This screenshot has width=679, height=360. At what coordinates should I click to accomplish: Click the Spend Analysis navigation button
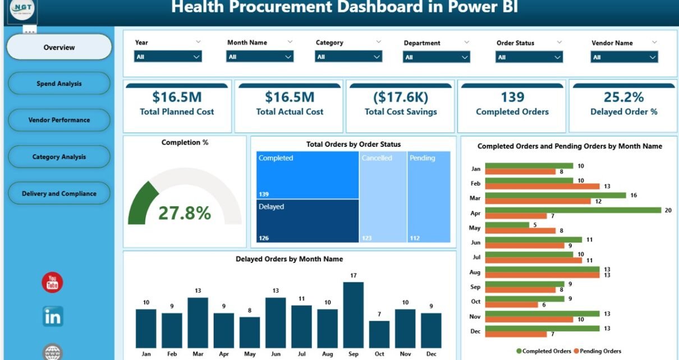pos(59,84)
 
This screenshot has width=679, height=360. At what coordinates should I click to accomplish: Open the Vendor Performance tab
pos(59,120)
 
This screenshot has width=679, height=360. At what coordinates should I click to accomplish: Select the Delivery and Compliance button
pos(59,193)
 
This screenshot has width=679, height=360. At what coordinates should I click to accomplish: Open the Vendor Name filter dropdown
pos(624,57)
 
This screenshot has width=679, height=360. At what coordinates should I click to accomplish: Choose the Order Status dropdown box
pos(529,57)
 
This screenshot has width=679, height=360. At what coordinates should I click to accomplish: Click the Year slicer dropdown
pos(168,57)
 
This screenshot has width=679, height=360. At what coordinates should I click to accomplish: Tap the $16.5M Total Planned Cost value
pos(177,97)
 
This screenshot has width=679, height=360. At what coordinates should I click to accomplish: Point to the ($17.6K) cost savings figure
pos(400,97)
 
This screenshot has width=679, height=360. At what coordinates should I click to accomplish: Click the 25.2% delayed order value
pos(623,97)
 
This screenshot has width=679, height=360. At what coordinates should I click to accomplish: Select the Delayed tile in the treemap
pos(308,221)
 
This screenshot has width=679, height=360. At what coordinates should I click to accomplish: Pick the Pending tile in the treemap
pos(429,196)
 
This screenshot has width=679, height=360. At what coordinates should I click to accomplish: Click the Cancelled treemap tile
pos(383,196)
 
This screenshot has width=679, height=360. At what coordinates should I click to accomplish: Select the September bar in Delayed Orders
pos(353,315)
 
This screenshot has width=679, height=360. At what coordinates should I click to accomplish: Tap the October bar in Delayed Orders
pos(379,334)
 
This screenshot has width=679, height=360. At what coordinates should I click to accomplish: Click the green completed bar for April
pos(573,210)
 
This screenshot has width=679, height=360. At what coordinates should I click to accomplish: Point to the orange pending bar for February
pos(542,186)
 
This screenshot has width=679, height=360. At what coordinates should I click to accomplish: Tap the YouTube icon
pos(52,283)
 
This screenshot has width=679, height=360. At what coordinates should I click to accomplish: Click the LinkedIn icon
pos(53,317)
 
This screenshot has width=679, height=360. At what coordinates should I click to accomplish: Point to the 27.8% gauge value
pos(184,213)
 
